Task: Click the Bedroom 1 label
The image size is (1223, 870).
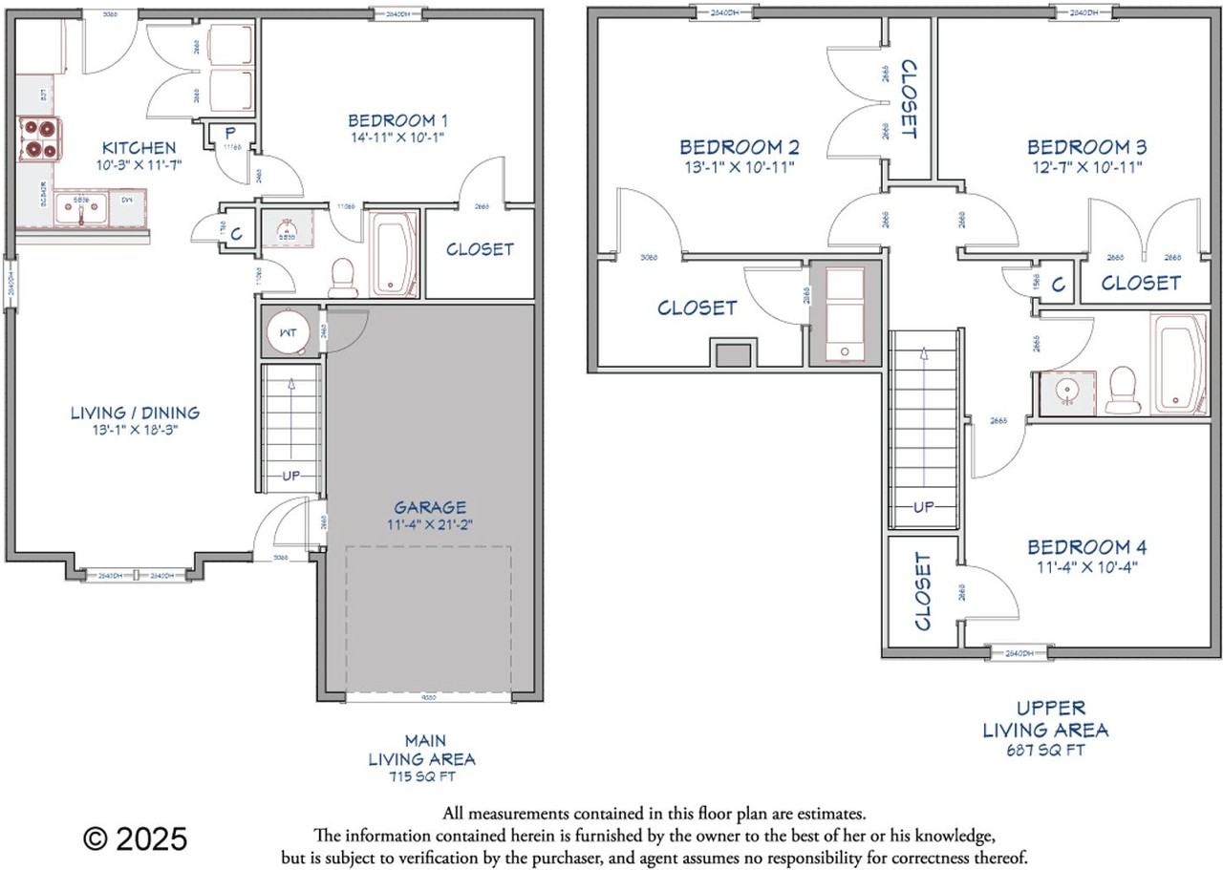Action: pos(397,120)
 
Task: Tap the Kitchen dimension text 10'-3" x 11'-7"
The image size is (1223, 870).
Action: pos(139,166)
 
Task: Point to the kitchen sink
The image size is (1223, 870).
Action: pos(82,208)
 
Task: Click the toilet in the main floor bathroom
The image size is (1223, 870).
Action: pos(342,275)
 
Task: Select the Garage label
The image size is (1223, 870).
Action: pos(430,507)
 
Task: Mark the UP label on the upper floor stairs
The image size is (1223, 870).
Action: pos(923,507)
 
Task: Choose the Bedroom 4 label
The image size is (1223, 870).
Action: pos(1086,547)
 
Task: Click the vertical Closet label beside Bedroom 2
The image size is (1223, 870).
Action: pos(910,99)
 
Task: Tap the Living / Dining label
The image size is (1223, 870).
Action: pos(135,413)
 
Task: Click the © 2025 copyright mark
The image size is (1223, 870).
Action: pos(135,839)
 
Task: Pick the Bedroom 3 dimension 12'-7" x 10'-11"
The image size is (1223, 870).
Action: pos(1086,166)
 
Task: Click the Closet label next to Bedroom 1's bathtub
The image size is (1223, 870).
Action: pos(480,249)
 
